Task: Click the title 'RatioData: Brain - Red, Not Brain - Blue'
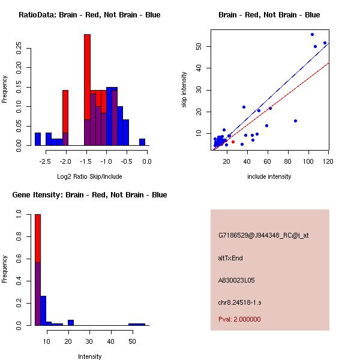click(x=89, y=15)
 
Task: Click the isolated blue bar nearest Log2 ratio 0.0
click(x=142, y=142)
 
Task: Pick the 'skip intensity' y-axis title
click(x=184, y=90)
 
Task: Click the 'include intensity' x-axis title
click(x=269, y=176)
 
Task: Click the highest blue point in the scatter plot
click(x=312, y=34)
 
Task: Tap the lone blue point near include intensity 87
click(x=295, y=121)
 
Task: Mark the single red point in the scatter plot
click(x=233, y=142)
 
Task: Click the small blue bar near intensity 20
click(x=70, y=322)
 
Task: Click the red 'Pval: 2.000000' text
click(x=239, y=319)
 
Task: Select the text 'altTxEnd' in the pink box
click(x=230, y=258)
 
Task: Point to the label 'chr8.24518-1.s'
click(x=239, y=301)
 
